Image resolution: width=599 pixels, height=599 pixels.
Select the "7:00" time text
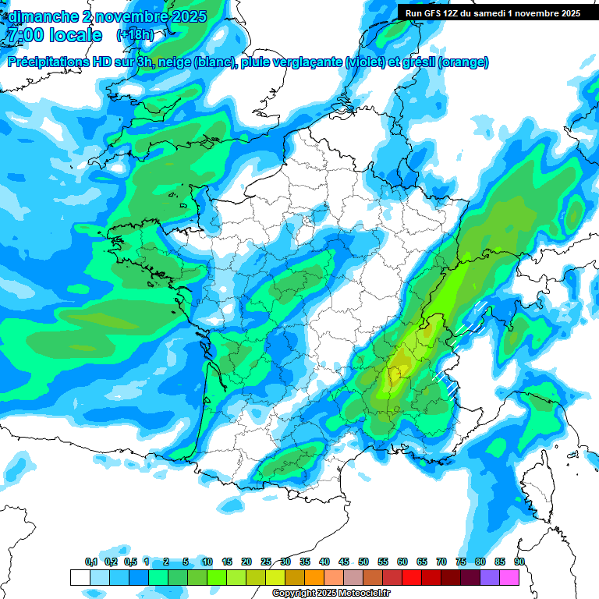tap(24, 35)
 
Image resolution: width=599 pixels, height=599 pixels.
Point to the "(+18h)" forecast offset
tap(135, 35)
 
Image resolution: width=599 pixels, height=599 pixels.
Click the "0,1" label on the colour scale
tap(91, 562)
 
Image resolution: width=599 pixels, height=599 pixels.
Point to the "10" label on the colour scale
tap(207, 562)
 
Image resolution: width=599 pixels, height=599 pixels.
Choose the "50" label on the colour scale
tap(363, 562)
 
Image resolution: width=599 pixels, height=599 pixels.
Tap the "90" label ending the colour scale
tap(519, 562)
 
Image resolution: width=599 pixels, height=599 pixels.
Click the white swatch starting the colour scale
tap(80, 577)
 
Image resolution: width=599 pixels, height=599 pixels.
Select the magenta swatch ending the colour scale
tap(509, 577)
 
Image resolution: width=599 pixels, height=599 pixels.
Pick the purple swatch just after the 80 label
tap(490, 577)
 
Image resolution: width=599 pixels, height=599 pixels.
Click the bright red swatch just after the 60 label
tap(412, 577)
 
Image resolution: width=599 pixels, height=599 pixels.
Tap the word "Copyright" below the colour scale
tap(294, 594)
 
